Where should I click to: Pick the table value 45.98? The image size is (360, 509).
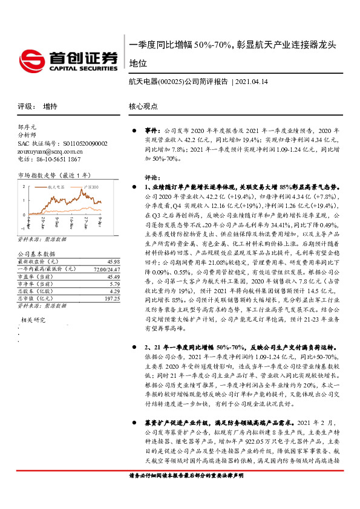113,261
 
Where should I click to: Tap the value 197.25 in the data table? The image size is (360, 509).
111,298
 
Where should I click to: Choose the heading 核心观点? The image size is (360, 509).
143,106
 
